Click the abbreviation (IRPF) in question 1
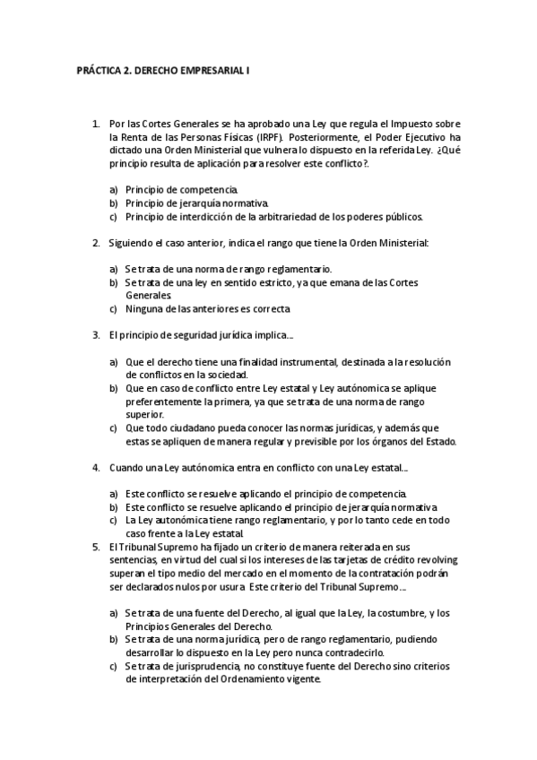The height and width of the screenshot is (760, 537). (x=265, y=138)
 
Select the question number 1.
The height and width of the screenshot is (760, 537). (x=95, y=124)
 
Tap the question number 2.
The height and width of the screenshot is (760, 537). (x=95, y=242)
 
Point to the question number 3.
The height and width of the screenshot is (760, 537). (x=95, y=334)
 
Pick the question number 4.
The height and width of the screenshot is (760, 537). (x=95, y=467)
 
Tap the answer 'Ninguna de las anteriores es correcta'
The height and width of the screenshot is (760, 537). (x=208, y=308)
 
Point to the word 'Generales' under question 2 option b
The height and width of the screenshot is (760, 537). (x=148, y=295)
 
